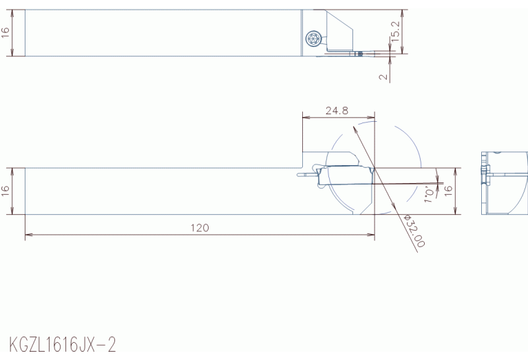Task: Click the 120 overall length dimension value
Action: coord(200,228)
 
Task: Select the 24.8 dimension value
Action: coord(337,110)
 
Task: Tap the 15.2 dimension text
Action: coord(395,32)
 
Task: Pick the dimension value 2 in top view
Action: coord(383,77)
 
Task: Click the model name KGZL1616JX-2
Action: coord(63,344)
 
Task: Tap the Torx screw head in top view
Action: coord(313,39)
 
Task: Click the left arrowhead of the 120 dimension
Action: coord(29,235)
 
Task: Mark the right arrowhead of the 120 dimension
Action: coord(371,235)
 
